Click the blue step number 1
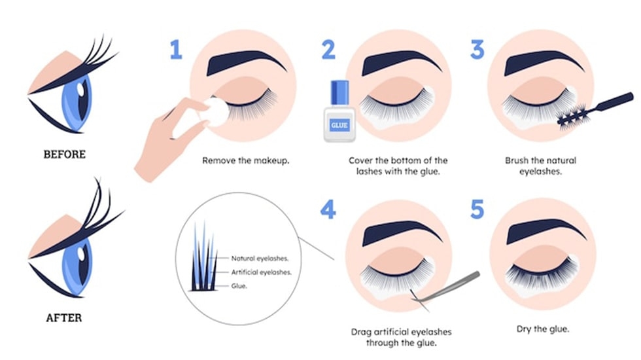pyautogui.click(x=175, y=50)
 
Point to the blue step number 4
pyautogui.click(x=329, y=210)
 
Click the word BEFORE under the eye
pyautogui.click(x=64, y=154)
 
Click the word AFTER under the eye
pyautogui.click(x=63, y=319)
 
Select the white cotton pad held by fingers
pyautogui.click(x=217, y=112)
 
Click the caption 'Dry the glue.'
pyautogui.click(x=542, y=329)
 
